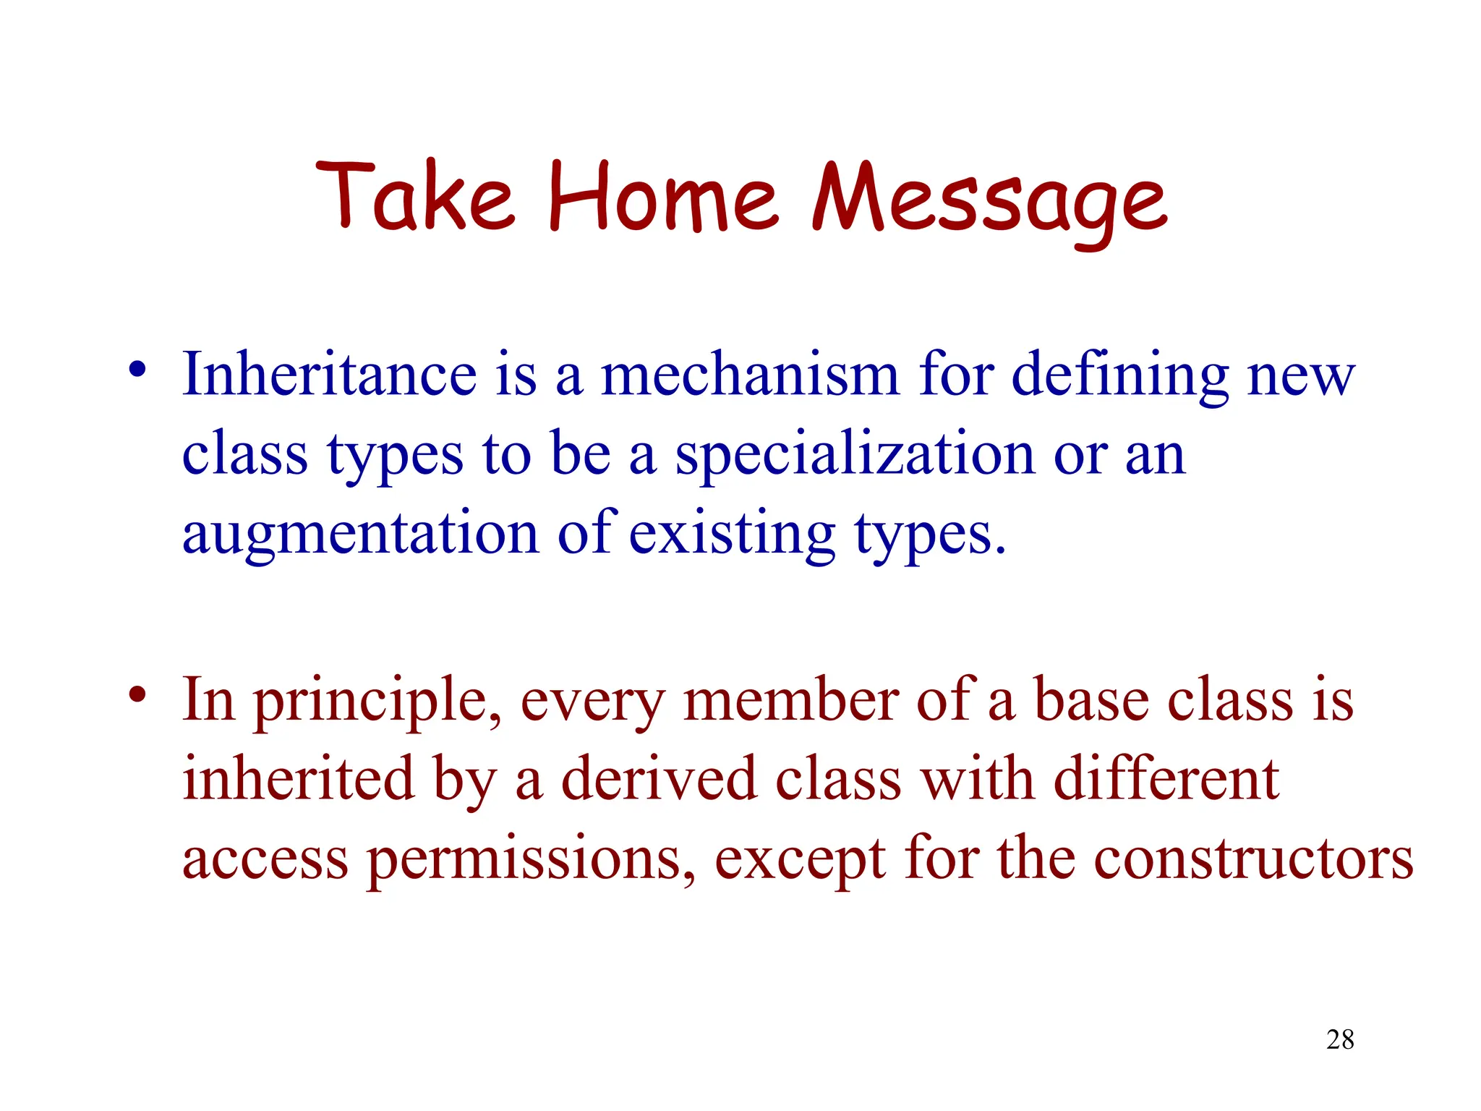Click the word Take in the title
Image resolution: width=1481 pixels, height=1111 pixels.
415,197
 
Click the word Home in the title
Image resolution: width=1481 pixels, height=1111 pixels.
662,197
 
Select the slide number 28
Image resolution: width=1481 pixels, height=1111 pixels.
1340,1039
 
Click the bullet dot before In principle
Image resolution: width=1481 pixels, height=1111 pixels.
137,695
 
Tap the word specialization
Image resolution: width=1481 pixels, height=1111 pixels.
855,456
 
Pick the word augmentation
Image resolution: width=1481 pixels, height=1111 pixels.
360,535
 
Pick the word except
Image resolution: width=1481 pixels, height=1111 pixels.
800,861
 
